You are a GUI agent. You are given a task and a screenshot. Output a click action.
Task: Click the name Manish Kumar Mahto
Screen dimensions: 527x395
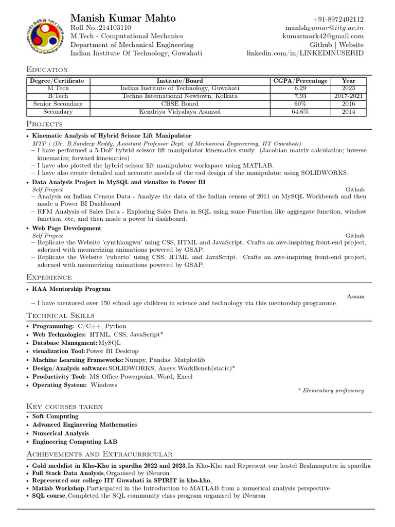point(123,18)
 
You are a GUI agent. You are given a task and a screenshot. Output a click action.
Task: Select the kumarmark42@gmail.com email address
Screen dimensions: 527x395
point(323,36)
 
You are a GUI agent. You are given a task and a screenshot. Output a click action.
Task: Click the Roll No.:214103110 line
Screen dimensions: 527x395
point(100,27)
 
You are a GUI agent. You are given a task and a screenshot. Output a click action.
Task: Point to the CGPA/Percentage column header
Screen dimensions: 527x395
point(300,81)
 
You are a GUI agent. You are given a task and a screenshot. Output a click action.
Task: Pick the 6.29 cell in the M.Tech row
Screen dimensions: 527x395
point(300,89)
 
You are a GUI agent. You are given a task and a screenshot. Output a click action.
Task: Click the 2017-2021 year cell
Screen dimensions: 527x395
point(348,96)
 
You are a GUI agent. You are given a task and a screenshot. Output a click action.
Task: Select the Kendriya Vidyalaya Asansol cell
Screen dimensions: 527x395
point(179,112)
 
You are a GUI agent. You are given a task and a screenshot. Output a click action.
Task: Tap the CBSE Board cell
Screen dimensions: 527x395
point(179,104)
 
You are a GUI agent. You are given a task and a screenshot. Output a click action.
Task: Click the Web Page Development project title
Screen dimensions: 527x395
point(67,228)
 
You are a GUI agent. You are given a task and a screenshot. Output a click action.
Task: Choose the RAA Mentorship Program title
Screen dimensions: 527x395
point(71,289)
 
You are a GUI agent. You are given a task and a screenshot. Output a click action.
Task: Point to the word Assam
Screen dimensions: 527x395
point(356,296)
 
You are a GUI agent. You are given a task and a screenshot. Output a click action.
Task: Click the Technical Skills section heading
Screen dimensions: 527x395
point(60,315)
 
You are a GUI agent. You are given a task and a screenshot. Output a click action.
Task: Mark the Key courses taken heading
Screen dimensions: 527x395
point(64,406)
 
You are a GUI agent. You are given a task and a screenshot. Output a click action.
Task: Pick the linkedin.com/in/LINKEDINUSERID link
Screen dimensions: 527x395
point(305,53)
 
